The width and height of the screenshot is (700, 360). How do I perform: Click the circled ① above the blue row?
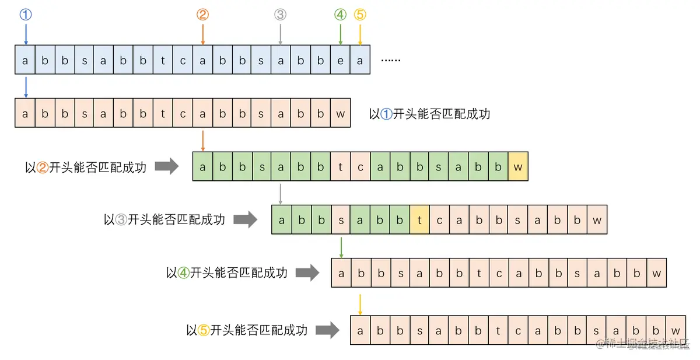[25, 15]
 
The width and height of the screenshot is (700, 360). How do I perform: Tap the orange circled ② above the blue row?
[202, 15]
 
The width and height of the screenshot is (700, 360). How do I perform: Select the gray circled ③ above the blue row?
[281, 15]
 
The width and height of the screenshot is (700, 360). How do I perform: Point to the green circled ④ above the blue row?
[340, 15]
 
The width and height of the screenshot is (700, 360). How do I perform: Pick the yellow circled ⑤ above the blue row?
[360, 15]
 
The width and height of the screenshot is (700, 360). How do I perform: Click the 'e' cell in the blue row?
[340, 60]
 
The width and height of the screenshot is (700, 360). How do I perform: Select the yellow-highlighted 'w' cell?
[517, 167]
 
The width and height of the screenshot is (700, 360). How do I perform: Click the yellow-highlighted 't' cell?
[419, 221]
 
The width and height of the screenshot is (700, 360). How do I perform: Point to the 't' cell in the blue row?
[163, 60]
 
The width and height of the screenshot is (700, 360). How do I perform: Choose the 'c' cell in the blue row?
[183, 60]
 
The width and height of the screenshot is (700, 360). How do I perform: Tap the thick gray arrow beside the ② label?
[167, 167]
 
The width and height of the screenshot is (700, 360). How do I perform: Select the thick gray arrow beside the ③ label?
[246, 220]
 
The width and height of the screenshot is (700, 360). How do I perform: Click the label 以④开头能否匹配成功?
[227, 272]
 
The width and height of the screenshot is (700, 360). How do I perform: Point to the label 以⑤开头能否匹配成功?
[247, 330]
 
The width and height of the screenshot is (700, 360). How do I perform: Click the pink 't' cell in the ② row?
[340, 167]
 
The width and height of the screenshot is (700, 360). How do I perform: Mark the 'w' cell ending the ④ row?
[656, 273]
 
